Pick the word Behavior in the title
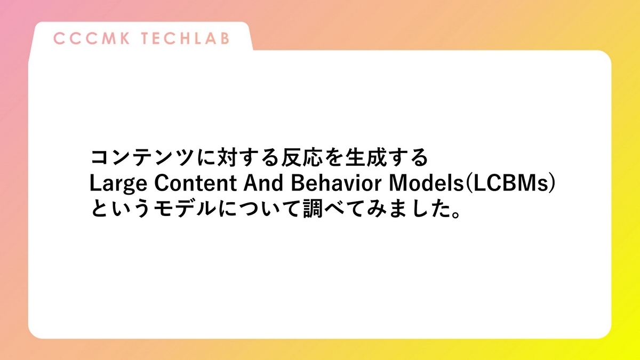332,184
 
